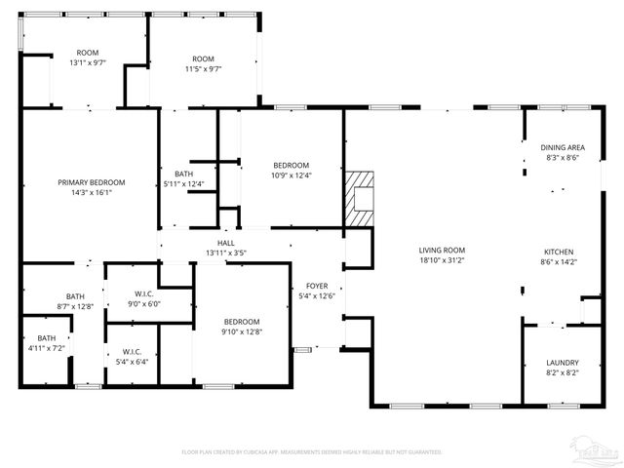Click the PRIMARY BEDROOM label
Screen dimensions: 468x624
[92, 182]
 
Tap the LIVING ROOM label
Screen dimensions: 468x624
[442, 251]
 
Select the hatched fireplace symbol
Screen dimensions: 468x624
[359, 199]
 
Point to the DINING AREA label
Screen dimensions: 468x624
[563, 147]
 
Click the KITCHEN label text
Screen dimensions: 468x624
[559, 251]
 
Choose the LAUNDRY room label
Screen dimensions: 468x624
[563, 362]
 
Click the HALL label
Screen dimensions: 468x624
[226, 243]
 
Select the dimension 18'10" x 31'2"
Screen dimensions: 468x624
[442, 260]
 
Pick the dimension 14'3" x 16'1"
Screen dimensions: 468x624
[92, 192]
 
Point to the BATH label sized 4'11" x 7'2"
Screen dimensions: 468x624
[34, 338]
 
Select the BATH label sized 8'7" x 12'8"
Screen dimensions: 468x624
[76, 296]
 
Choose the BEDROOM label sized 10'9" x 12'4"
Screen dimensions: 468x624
[292, 165]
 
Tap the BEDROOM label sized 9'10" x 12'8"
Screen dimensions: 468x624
[242, 322]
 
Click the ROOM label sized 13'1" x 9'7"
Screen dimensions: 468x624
[88, 53]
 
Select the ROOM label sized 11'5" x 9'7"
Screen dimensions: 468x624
[203, 58]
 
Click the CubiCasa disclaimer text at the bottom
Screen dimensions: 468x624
[312, 452]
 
